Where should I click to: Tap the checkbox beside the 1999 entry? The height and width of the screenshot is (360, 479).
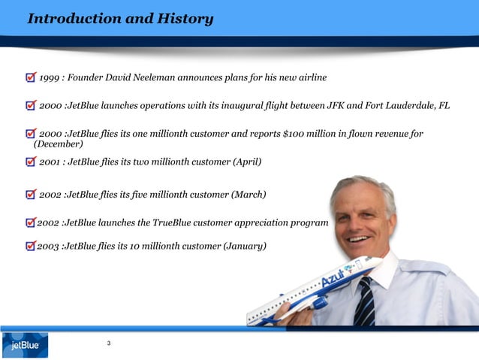[x=29, y=77]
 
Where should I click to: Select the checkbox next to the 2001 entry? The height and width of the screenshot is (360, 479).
[x=29, y=162]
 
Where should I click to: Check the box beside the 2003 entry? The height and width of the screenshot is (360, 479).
[x=30, y=246]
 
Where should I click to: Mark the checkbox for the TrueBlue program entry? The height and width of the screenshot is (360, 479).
[x=30, y=224]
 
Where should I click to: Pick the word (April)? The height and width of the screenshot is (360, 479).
[x=247, y=162]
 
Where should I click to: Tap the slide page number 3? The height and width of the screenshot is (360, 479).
[x=110, y=343]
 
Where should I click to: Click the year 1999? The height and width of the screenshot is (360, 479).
[x=50, y=77]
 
